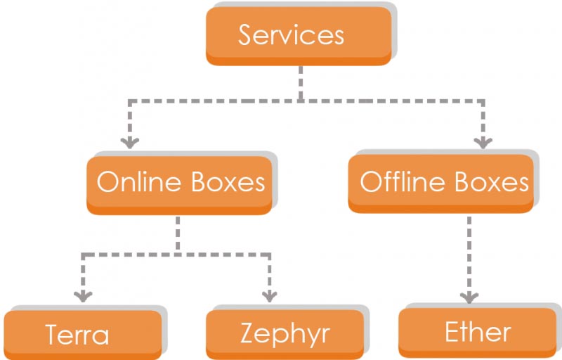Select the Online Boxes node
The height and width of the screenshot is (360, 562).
pos(179,182)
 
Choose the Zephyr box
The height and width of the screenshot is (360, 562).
pos(285,333)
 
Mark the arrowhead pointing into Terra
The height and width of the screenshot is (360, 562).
pos(83,295)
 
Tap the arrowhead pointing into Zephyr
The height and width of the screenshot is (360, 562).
pos(270,295)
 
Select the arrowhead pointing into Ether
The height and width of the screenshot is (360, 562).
pos(469,295)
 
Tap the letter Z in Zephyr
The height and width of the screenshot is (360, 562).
pos(249,333)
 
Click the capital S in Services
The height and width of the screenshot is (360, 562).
pos(247,35)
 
